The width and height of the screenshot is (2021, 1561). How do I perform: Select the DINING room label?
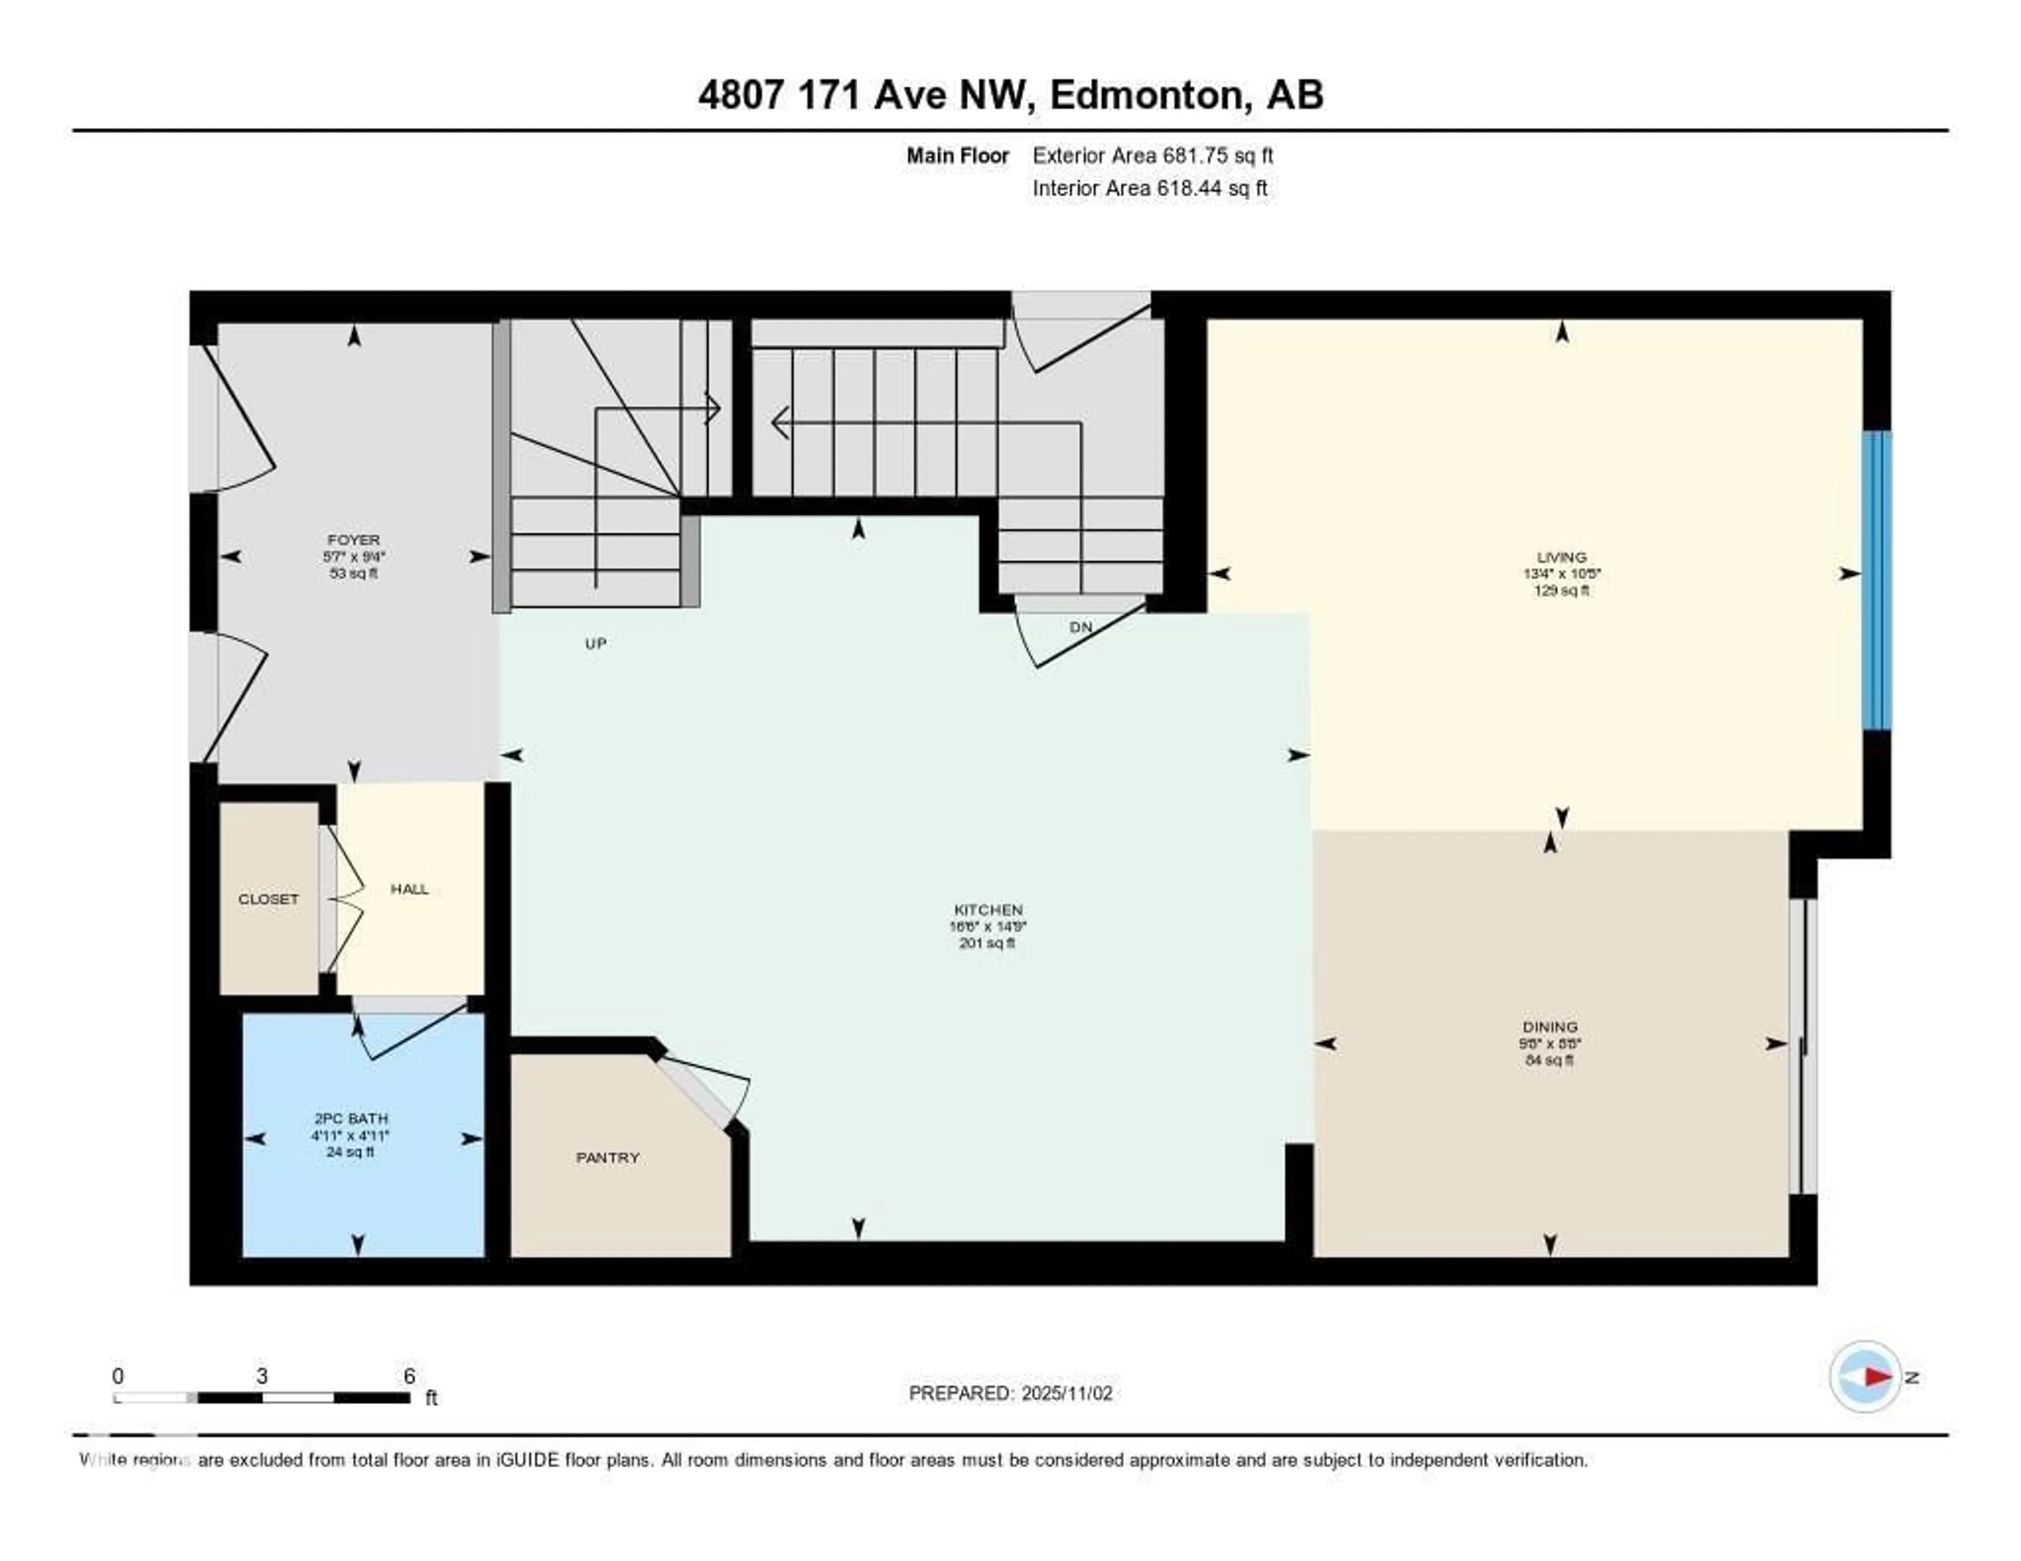pos(1550,1027)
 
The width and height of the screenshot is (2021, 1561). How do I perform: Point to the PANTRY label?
pos(608,1157)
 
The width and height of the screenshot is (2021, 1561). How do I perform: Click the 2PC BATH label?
pos(351,1119)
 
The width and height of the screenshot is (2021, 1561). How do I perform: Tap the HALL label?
pos(409,889)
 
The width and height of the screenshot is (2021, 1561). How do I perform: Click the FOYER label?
pos(354,539)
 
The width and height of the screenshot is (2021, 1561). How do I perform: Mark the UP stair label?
pos(596,643)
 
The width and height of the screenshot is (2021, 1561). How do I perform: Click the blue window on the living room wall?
pos(1877,580)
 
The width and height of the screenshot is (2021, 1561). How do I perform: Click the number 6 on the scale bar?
pos(409,1376)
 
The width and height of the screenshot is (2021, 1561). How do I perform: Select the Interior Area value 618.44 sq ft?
pos(1212,189)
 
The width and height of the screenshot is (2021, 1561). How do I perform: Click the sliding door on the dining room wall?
pos(1803,1046)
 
